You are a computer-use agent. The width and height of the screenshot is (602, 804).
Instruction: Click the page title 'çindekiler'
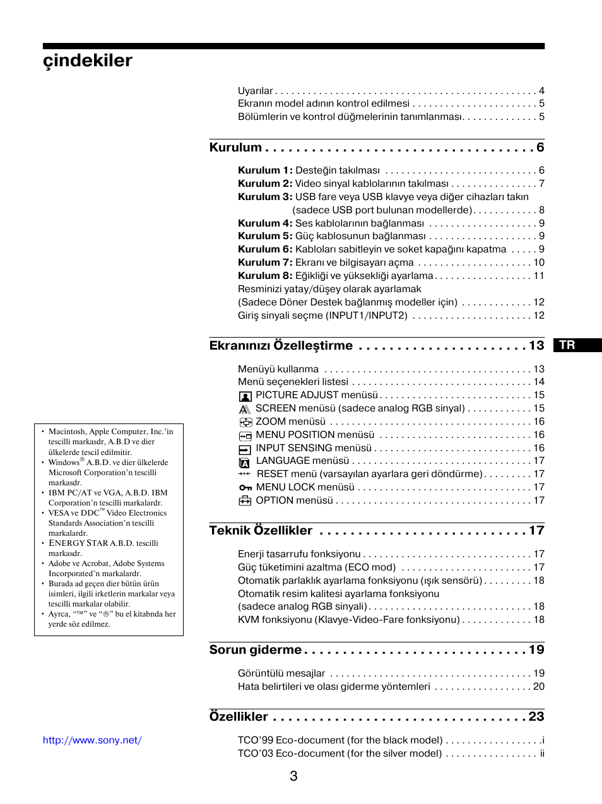88,61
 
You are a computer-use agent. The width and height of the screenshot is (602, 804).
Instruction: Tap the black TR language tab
577,345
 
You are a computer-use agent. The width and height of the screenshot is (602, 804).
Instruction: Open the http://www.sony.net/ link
92,740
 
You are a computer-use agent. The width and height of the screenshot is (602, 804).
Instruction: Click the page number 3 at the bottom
293,776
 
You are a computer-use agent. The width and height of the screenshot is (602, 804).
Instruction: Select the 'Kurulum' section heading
235,147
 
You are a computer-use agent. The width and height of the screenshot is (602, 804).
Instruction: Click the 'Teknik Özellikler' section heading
261,530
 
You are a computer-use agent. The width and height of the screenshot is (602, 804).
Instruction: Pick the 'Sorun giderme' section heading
256,649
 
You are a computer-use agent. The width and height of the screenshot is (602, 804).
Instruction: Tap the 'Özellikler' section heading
239,716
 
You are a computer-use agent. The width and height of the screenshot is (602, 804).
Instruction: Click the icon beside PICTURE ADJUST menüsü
245,396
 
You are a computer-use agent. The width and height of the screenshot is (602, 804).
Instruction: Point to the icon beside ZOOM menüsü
245,422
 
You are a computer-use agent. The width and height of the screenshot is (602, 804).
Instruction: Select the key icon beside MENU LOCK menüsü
245,488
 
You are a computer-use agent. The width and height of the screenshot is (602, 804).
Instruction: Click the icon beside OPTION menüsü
245,501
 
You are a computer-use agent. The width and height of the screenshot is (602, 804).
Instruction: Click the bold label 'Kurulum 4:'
265,223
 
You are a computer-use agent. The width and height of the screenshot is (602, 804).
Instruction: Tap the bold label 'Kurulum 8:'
265,276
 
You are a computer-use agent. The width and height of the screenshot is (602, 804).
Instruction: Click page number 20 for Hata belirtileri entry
538,687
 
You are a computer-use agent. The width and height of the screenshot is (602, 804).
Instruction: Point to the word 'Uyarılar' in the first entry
256,91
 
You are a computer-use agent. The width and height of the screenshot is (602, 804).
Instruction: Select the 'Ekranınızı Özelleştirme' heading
281,345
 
